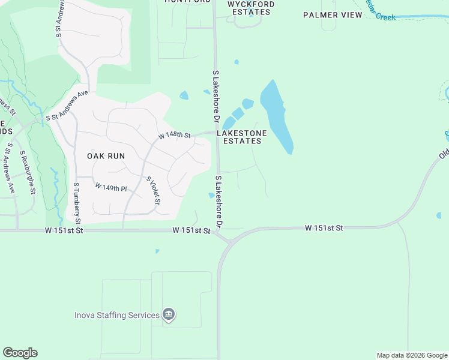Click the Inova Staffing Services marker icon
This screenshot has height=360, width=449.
(169, 315)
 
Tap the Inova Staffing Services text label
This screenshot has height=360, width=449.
(116, 315)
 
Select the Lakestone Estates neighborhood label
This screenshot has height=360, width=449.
(243, 137)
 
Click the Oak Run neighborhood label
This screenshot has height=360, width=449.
(106, 155)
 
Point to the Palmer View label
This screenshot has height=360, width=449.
(333, 15)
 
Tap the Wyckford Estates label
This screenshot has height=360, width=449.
(251, 8)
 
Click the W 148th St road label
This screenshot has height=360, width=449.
(174, 136)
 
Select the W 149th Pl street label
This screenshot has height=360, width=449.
(111, 188)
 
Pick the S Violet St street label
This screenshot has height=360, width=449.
(152, 190)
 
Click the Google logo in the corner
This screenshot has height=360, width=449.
(20, 353)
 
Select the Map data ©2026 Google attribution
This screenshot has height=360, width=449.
(412, 355)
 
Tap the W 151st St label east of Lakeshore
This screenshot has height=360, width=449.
(324, 228)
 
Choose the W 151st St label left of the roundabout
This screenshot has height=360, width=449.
(191, 230)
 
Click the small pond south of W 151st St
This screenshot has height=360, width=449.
(157, 251)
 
